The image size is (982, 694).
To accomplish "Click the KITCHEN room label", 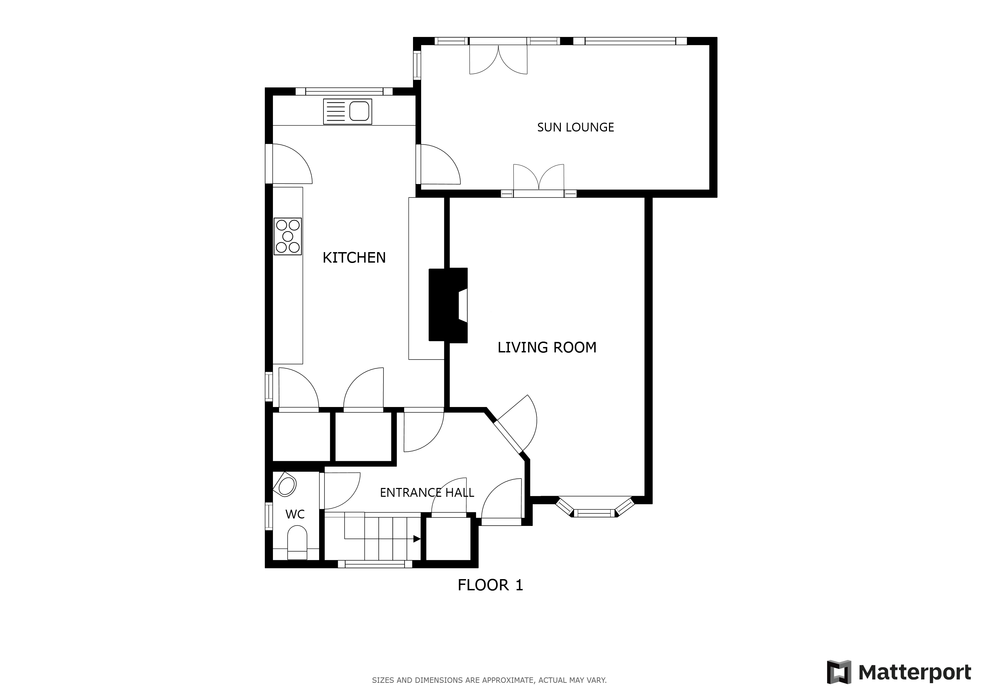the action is [354, 258].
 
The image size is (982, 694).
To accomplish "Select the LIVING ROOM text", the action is [547, 347].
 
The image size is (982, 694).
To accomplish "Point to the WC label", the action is [295, 514].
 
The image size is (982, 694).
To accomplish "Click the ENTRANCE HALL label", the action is [427, 493].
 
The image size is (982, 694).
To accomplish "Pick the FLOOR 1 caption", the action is [490, 585].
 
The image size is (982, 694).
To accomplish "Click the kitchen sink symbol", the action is [347, 111].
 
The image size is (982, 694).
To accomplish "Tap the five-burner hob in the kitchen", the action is [288, 236].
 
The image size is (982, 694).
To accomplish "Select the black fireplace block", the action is [448, 305].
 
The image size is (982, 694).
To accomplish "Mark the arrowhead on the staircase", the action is [417, 539].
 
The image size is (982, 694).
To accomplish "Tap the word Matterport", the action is [915, 673].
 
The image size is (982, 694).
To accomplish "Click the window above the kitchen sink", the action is [344, 91].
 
